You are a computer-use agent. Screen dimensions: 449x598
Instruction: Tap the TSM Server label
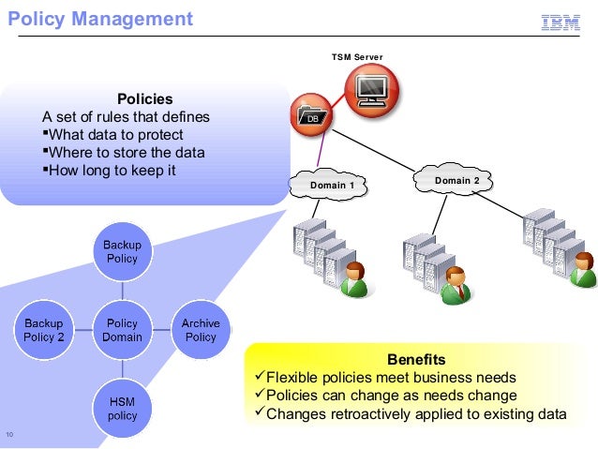[357, 58]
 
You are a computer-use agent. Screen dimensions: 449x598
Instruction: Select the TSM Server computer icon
[371, 90]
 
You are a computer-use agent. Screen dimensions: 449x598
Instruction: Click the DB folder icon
[310, 115]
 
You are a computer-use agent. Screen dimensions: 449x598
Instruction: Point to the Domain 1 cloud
[331, 185]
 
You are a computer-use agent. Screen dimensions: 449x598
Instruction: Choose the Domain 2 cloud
[456, 180]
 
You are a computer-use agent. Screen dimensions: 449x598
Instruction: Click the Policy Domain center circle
[123, 330]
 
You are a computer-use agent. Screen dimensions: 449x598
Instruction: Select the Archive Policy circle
[201, 330]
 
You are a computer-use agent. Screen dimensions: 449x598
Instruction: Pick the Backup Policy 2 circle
[44, 330]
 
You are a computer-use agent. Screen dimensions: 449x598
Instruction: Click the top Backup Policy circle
[123, 251]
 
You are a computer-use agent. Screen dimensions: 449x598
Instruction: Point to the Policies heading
[144, 99]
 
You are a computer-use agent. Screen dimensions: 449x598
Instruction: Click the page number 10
[9, 433]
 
